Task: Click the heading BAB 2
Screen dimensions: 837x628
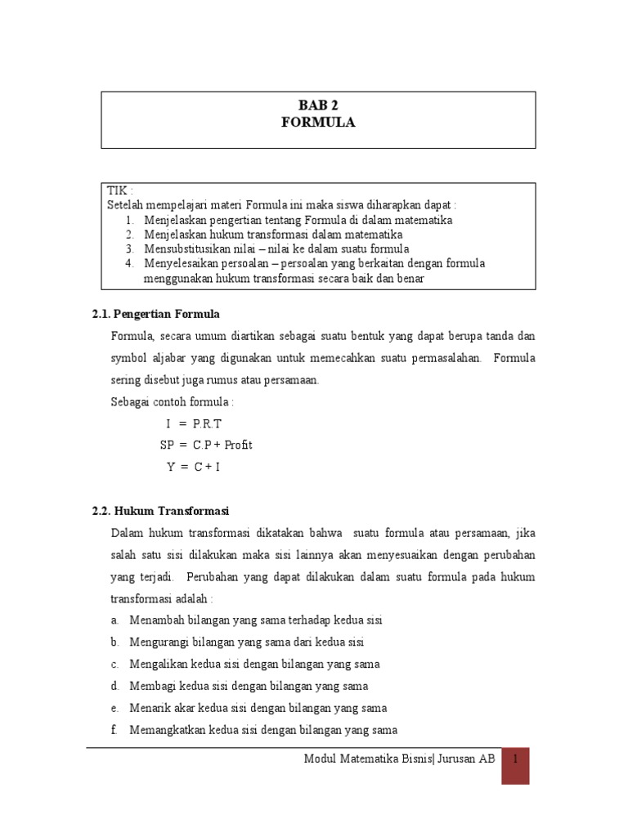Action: click(x=317, y=106)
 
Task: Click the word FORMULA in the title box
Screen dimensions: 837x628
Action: click(x=317, y=123)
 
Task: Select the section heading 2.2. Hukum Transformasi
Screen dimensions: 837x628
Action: click(x=160, y=511)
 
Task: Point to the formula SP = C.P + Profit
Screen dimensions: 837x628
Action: click(x=206, y=445)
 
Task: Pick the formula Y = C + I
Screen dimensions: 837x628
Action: click(x=194, y=467)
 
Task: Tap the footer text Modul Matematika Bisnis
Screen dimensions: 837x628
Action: click(x=368, y=759)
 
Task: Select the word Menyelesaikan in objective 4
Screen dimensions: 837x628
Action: click(x=180, y=263)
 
